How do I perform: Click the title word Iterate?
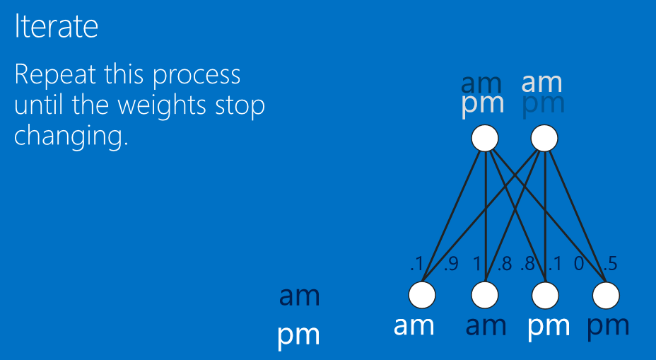56,27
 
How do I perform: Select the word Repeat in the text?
55,75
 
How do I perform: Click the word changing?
71,136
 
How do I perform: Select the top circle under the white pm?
485,138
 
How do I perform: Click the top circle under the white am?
544,138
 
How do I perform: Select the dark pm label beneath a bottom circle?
607,327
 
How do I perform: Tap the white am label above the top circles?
541,83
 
